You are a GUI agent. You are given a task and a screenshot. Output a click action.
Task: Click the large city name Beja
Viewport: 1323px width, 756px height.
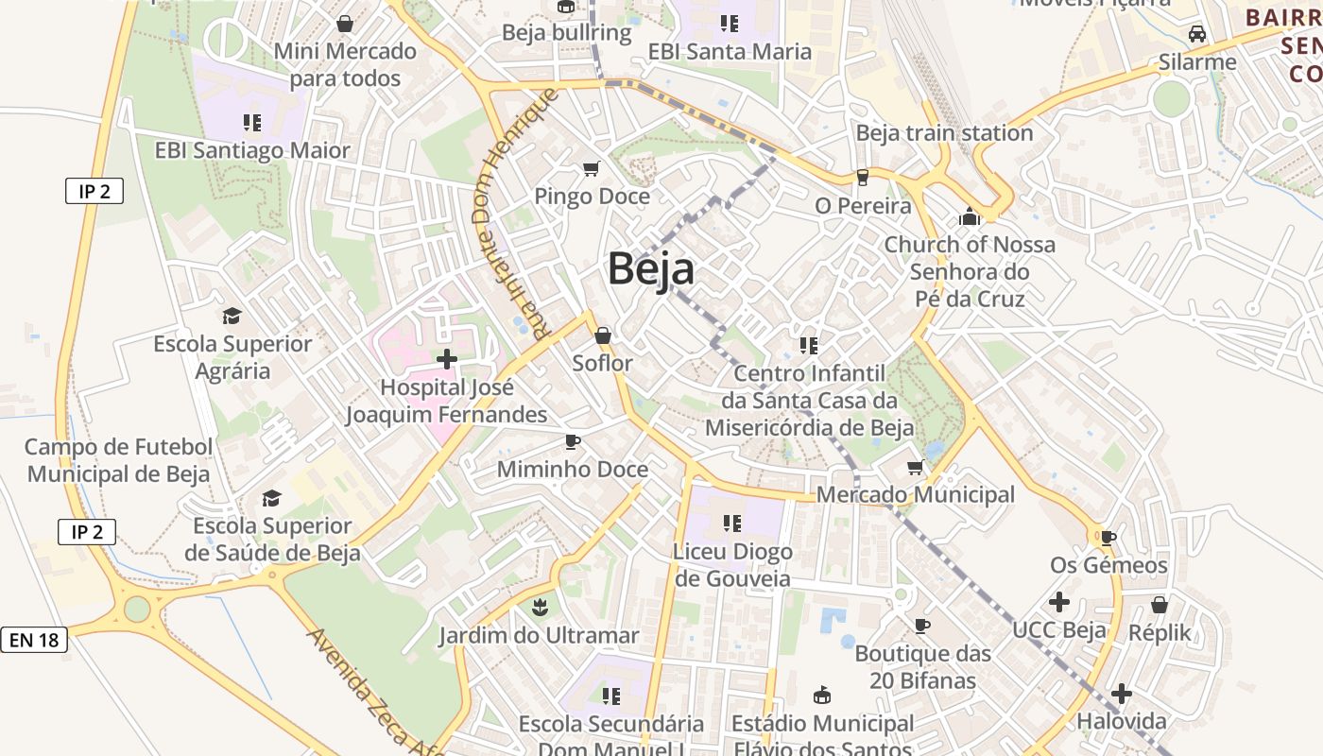coord(651,268)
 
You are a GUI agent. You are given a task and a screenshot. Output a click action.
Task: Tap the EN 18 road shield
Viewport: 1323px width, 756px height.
coord(34,640)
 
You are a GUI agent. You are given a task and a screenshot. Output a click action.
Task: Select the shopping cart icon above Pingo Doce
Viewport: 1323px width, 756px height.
coord(592,169)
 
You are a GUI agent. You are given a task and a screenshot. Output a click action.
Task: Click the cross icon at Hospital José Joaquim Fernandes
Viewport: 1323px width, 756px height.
coord(446,359)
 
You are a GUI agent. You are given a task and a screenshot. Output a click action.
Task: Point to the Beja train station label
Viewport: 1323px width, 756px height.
coord(944,133)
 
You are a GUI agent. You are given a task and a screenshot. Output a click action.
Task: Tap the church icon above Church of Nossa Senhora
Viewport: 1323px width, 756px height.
coord(969,216)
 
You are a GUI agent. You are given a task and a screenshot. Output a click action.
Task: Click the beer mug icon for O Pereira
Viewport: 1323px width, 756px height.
coord(862,178)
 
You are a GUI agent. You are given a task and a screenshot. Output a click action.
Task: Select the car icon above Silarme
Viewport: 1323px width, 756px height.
coord(1197,34)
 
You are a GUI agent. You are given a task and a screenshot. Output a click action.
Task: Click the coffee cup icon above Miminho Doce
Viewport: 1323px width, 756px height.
coord(573,441)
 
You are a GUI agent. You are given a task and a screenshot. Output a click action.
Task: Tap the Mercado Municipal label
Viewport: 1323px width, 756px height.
coord(915,494)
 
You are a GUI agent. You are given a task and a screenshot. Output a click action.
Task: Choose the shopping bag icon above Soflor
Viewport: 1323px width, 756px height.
coord(603,335)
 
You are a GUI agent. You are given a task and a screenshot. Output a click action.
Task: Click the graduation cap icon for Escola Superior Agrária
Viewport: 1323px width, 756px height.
coord(232,316)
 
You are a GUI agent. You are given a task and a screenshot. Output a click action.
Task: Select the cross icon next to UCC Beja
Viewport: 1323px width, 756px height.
coord(1059,601)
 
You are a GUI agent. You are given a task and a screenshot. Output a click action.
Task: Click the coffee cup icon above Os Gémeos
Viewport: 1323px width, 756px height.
coord(1108,538)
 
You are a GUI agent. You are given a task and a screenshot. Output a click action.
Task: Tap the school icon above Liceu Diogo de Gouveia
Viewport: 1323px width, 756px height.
coord(731,523)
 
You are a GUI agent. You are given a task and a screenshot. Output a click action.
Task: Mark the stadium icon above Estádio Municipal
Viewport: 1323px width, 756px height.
coord(822,696)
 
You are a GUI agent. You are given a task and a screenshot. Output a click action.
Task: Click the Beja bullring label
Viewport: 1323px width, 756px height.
coord(566,33)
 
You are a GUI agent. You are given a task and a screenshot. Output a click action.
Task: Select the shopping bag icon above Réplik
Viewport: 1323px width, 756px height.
coord(1160,604)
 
